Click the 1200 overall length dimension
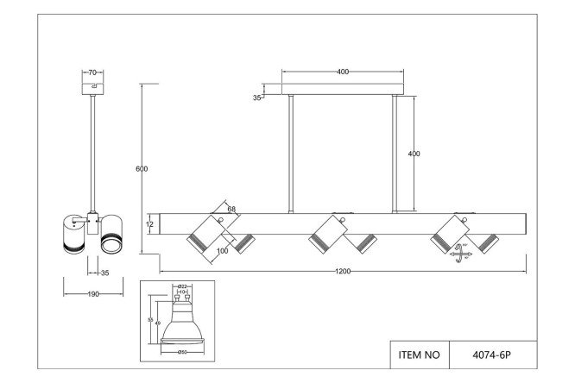[343, 270]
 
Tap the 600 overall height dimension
[142, 168]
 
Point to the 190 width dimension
[92, 293]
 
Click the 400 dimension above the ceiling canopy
[343, 72]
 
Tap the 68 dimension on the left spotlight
[232, 208]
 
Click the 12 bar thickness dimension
[149, 224]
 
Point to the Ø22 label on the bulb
[183, 286]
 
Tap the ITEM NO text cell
[420, 354]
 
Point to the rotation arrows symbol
[459, 254]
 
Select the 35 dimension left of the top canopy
[256, 98]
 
